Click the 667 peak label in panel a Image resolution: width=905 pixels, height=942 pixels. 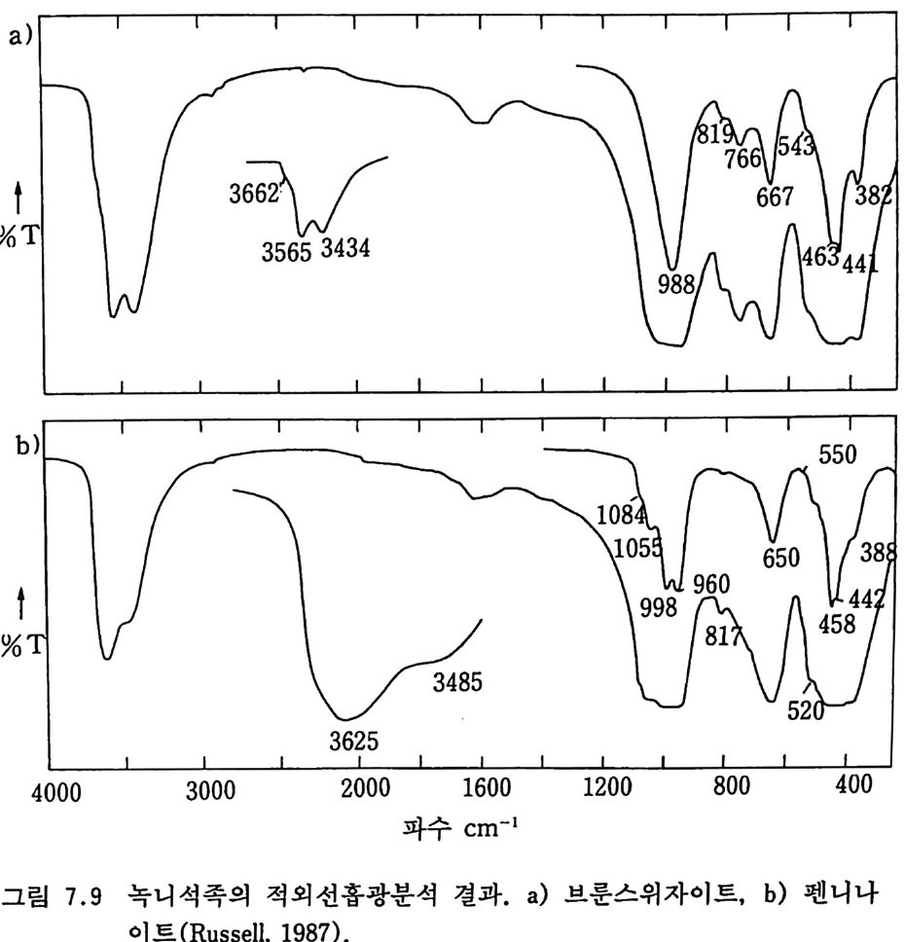pyautogui.click(x=775, y=197)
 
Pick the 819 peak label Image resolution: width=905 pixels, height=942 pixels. pyautogui.click(x=712, y=134)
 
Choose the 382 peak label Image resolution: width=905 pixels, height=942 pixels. pyautogui.click(x=874, y=197)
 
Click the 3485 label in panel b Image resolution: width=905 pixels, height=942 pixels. pyautogui.click(x=457, y=683)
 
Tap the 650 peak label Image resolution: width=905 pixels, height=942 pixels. pyautogui.click(x=780, y=559)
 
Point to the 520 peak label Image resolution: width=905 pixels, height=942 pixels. pyautogui.click(x=807, y=711)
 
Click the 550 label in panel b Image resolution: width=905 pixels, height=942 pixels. pyautogui.click(x=836, y=458)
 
